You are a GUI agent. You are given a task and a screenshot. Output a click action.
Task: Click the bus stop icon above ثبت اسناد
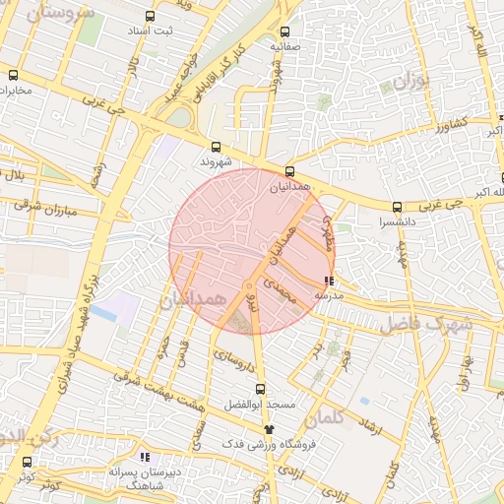tap(150, 17)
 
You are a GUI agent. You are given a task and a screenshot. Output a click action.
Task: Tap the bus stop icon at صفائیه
tap(285, 31)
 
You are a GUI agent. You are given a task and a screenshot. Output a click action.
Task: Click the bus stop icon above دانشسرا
tap(397, 208)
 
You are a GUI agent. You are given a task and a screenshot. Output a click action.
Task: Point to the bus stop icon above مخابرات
tap(13, 75)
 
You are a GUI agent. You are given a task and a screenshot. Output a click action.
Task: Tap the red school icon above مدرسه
tap(328, 281)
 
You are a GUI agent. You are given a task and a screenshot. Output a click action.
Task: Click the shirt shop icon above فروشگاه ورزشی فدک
tap(269, 429)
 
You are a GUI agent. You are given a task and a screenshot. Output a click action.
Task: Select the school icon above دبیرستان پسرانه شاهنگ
tap(146, 457)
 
